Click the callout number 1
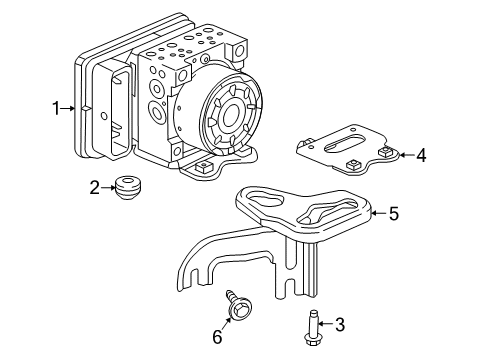[57, 107]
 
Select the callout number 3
[339, 324]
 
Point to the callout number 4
[421, 155]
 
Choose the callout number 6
[217, 337]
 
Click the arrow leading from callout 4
[404, 155]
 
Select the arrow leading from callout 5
[376, 212]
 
